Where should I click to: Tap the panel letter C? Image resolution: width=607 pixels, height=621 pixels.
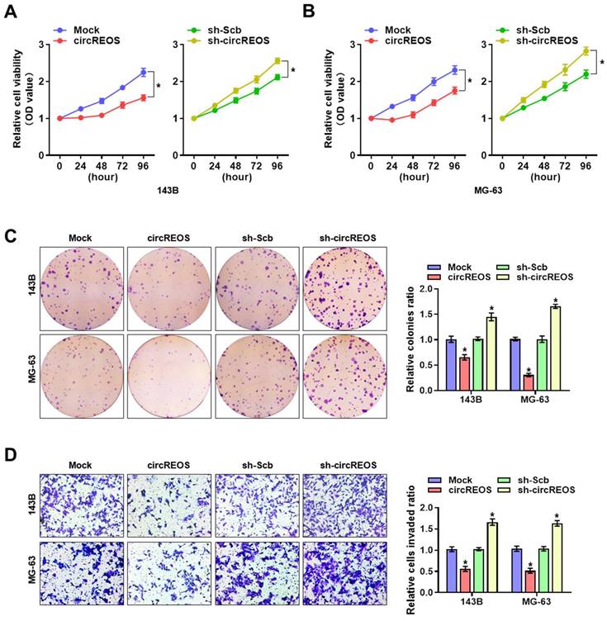(x=12, y=237)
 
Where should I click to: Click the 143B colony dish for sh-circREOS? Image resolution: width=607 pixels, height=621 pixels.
(x=344, y=287)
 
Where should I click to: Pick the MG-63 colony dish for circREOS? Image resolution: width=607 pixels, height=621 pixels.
(x=168, y=373)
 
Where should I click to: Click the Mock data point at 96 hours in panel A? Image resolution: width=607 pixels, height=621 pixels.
(x=143, y=72)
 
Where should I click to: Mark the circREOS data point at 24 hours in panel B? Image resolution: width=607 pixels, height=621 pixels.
(x=391, y=121)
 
